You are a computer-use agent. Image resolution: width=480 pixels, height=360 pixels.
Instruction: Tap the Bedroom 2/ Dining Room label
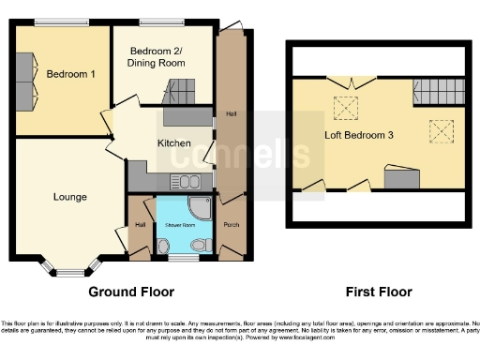[157, 56]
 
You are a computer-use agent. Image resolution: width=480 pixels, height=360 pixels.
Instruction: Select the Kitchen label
[173, 143]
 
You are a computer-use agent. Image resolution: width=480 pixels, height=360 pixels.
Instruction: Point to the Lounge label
[70, 197]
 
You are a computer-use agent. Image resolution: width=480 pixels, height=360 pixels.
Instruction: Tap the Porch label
[232, 225]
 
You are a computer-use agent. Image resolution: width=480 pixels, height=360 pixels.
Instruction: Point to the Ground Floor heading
[131, 292]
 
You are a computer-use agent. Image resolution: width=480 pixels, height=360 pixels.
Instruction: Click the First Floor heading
[378, 292]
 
